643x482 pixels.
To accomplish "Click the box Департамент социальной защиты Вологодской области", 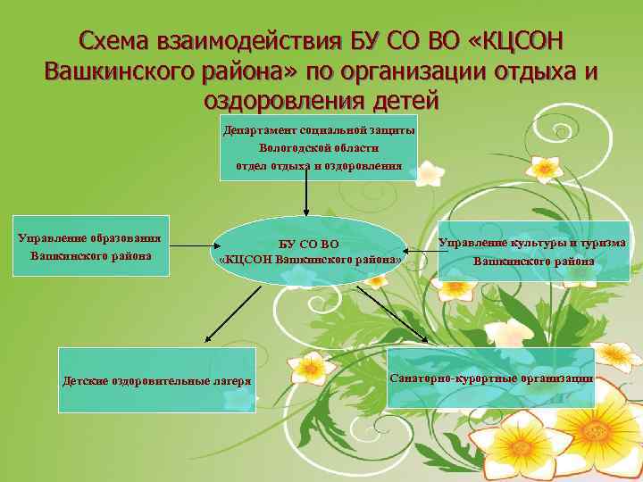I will click(x=319, y=147).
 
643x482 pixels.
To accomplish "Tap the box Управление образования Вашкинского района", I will click(x=89, y=246).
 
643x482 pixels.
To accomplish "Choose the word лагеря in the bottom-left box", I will click(x=228, y=381).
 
